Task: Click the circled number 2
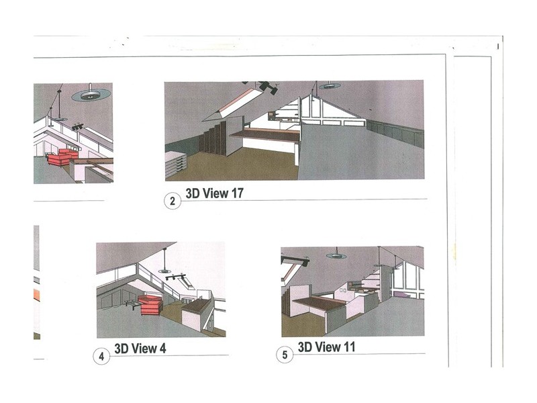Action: tap(173, 201)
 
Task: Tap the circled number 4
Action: tap(101, 357)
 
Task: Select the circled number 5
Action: tap(285, 355)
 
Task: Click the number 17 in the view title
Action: tap(237, 193)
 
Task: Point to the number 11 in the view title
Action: tap(348, 347)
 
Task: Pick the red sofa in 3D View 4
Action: tap(150, 305)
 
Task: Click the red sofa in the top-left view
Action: tap(62, 157)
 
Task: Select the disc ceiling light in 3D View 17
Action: tap(330, 86)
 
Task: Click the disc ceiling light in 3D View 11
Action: tap(336, 256)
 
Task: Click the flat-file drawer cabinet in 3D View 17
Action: tap(176, 165)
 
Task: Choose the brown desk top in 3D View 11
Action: tap(320, 304)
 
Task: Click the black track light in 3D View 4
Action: tap(175, 276)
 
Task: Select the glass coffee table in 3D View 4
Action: tap(132, 304)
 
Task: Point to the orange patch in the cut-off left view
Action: tap(36, 296)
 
